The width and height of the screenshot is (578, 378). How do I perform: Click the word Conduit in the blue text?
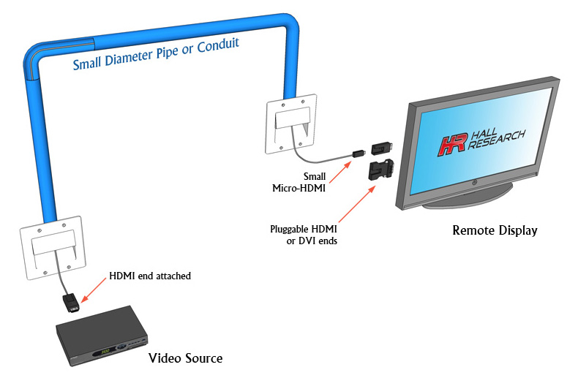(218, 45)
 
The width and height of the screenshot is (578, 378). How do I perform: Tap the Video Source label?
(185, 358)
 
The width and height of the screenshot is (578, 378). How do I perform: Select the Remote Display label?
(495, 230)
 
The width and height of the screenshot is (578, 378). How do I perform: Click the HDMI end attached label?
(150, 276)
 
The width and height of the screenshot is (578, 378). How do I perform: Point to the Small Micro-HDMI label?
(299, 182)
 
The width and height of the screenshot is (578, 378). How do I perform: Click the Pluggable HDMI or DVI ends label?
(304, 235)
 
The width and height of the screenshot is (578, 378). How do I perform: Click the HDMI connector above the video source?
(71, 302)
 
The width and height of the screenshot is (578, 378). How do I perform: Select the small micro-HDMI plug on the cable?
(359, 153)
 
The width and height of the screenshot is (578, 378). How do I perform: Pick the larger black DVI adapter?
(380, 170)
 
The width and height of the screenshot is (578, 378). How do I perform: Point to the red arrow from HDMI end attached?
(93, 290)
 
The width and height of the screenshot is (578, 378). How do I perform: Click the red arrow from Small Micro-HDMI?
(340, 172)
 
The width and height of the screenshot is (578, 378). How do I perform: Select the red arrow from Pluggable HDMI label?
(357, 204)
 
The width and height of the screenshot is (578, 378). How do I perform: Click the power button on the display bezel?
(474, 182)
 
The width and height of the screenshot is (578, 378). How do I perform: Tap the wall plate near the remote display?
(292, 124)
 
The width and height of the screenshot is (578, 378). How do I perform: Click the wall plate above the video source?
(53, 248)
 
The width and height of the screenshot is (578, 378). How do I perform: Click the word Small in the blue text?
(87, 64)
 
